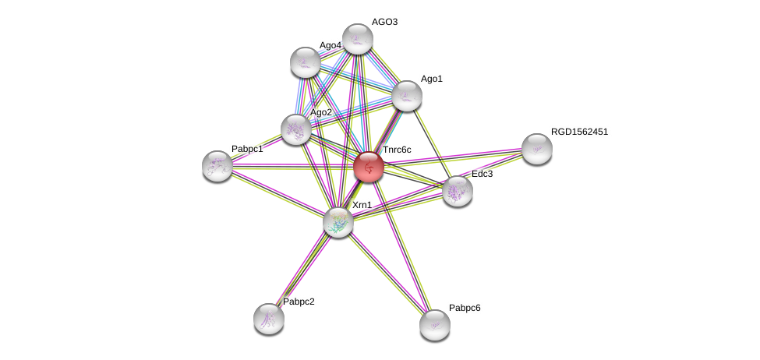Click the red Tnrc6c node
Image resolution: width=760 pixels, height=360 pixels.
click(369, 167)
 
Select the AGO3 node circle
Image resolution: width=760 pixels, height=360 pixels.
click(358, 39)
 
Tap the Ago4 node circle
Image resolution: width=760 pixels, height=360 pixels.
click(305, 62)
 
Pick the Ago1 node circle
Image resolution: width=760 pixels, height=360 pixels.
click(406, 96)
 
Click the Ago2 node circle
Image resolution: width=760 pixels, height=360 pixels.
click(296, 129)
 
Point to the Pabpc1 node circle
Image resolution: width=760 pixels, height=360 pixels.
click(217, 165)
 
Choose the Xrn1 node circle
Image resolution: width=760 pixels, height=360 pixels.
click(338, 221)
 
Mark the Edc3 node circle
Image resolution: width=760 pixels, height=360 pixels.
click(457, 191)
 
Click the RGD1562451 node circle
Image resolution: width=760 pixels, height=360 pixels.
click(536, 149)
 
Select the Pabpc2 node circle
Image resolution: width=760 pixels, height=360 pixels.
click(269, 318)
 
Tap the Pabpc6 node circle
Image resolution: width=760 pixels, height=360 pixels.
click(434, 324)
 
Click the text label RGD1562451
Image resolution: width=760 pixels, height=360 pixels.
click(579, 132)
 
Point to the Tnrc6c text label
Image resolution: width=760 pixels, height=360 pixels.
click(396, 150)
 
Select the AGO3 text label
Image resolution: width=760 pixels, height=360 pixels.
click(384, 22)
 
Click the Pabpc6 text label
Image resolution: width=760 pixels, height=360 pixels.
click(465, 308)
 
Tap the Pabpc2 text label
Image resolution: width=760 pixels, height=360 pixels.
click(299, 302)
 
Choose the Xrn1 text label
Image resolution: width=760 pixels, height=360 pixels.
click(362, 205)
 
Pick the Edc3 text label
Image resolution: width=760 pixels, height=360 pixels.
click(482, 174)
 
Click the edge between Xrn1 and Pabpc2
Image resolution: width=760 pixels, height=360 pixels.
click(304, 269)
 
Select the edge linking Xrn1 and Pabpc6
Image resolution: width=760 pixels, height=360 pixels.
click(386, 273)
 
